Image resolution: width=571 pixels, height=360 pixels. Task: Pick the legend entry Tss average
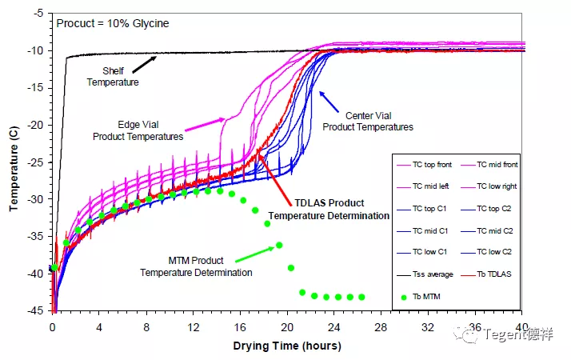click(x=432, y=274)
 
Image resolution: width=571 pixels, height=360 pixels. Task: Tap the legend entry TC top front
click(x=432, y=165)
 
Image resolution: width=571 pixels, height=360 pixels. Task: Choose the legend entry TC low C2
click(x=496, y=252)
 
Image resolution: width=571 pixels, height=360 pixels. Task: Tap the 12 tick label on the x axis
click(x=193, y=327)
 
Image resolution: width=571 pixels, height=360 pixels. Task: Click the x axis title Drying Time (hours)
click(x=287, y=346)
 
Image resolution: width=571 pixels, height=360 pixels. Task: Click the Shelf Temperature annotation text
click(x=113, y=76)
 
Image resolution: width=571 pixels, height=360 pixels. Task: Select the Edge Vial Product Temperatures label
click(x=138, y=130)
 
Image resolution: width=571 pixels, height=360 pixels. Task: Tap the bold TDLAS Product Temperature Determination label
click(x=329, y=210)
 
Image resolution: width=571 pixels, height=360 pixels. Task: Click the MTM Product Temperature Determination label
click(x=196, y=266)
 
